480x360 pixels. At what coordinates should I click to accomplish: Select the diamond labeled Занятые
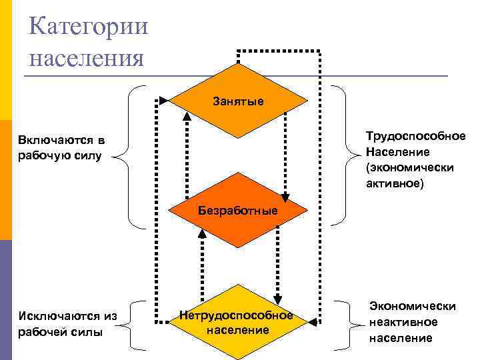tap(238, 101)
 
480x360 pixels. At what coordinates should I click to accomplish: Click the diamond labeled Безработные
tap(238, 211)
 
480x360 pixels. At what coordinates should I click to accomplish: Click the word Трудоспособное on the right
tap(415, 136)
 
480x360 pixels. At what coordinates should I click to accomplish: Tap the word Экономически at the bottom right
tap(413, 306)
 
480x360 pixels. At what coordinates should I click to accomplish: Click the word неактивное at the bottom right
tap(403, 322)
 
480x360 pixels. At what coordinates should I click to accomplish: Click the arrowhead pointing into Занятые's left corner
tap(164, 101)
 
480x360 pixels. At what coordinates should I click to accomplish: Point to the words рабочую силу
tap(61, 157)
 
